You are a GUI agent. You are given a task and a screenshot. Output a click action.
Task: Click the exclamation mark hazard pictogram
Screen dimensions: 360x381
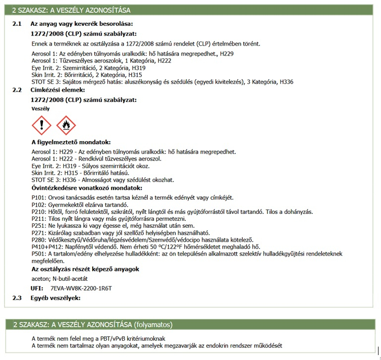[x=41, y=125]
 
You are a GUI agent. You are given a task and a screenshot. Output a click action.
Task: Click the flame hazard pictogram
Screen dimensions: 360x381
[x=66, y=125]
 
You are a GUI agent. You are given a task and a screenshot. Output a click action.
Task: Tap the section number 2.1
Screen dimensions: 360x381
[x=17, y=24]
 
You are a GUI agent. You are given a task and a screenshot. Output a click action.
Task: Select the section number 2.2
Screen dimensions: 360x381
[x=17, y=90]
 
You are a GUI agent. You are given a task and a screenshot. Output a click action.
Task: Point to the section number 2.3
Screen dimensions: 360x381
[x=17, y=298]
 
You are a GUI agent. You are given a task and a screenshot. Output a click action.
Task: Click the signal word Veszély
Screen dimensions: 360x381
[x=41, y=108]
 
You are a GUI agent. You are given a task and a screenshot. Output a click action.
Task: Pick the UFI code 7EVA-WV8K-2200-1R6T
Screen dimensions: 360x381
[x=81, y=288]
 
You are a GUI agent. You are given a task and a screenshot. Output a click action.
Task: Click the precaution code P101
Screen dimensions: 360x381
[x=38, y=198]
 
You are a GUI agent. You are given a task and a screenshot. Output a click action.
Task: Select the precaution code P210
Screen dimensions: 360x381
[x=38, y=211]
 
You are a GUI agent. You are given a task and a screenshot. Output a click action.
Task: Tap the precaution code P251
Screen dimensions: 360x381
[x=38, y=226]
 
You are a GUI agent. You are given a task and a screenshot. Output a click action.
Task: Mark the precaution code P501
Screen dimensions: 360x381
[x=38, y=254]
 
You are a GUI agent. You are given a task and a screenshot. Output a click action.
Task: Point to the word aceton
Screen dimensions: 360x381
[x=40, y=279]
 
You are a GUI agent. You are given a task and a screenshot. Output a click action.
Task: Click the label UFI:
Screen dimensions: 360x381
[x=37, y=288]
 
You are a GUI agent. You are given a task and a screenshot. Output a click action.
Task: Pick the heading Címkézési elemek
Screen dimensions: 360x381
[x=58, y=90]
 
